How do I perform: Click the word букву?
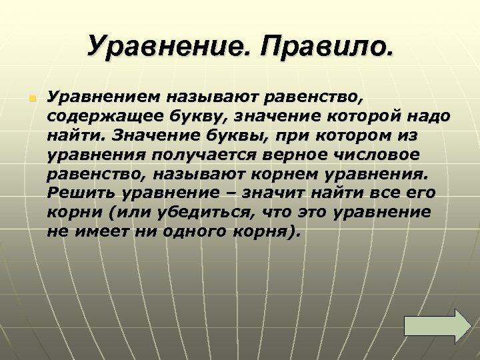[195, 118]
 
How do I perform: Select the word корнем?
[304, 175]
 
